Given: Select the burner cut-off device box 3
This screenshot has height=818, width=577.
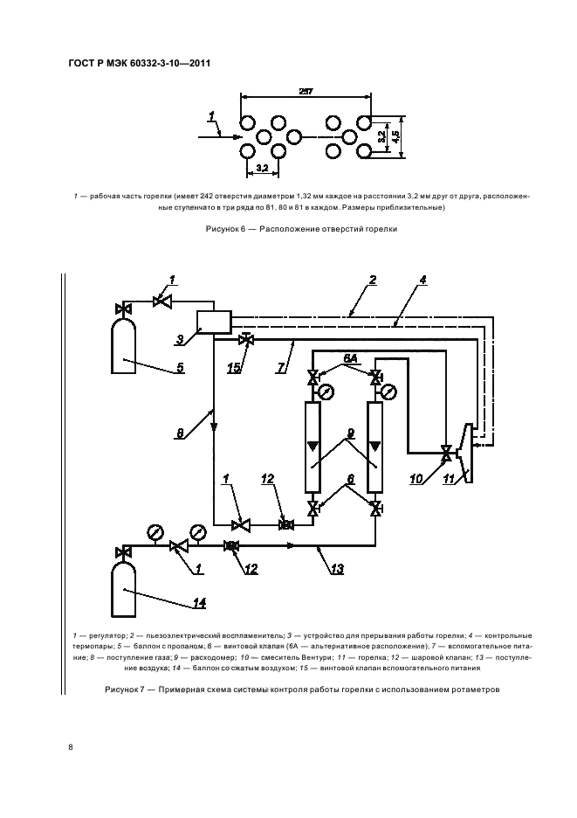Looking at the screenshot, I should pyautogui.click(x=212, y=322).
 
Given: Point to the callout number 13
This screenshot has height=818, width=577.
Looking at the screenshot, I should pyautogui.click(x=336, y=569).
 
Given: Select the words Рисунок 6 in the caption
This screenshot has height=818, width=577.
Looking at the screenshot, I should pyautogui.click(x=225, y=231).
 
